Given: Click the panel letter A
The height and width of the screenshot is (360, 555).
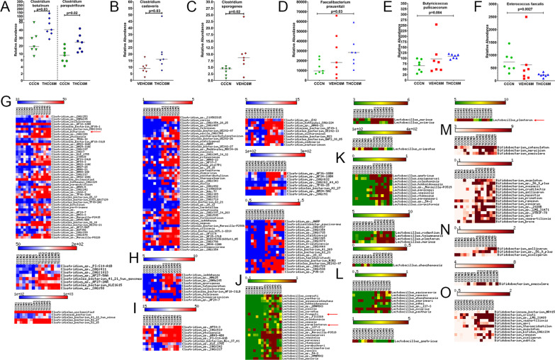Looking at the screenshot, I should tap(6, 6).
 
